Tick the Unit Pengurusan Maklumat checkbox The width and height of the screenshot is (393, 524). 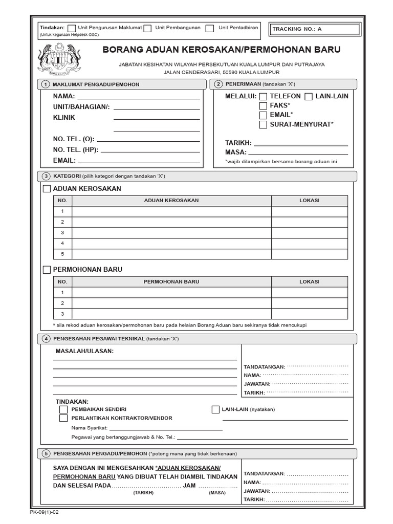point(72,29)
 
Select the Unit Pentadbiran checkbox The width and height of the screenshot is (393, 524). point(210,29)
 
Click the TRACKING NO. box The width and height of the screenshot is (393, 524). point(311,29)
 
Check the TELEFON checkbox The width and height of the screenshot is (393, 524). point(263,96)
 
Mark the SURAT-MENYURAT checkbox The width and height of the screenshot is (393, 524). point(263,124)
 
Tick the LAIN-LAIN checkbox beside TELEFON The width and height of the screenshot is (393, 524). point(309,96)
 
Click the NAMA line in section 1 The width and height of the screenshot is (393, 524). point(138,96)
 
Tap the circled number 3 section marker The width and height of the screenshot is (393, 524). point(46,177)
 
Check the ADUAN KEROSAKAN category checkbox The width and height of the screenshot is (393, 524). point(47,189)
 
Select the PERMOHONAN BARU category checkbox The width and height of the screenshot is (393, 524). point(47,270)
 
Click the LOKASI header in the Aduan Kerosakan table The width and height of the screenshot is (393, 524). point(309,201)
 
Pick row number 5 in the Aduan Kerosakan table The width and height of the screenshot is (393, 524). point(62,254)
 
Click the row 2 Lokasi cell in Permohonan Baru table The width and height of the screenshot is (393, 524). point(309,303)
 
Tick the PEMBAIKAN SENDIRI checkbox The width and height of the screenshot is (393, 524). point(63,409)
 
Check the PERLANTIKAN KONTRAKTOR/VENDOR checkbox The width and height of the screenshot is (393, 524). point(63,418)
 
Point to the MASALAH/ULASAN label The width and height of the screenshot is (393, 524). point(84,351)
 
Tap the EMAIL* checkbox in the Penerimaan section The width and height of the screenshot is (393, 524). point(263,115)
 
